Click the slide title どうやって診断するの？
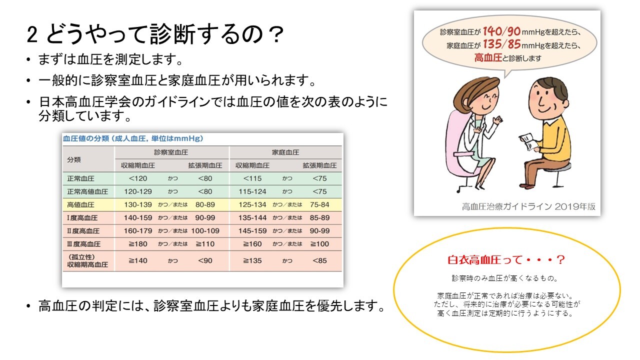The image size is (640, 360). [x=164, y=34]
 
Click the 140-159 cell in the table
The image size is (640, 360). [x=137, y=217]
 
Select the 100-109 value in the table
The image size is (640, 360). [x=205, y=231]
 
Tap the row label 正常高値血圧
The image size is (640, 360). [x=87, y=191]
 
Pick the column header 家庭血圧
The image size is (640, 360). [x=285, y=152]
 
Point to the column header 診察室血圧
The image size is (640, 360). [x=171, y=152]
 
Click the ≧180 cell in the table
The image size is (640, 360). [x=137, y=244]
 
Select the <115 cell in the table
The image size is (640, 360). [x=252, y=178]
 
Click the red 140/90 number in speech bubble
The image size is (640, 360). [x=501, y=31]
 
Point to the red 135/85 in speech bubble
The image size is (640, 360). [x=501, y=44]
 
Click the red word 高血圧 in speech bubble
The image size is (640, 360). [x=488, y=57]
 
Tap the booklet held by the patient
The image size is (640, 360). [x=528, y=142]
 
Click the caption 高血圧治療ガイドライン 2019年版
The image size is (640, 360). [x=528, y=206]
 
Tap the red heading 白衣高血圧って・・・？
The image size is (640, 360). [x=506, y=260]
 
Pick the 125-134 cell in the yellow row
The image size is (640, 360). [x=252, y=205]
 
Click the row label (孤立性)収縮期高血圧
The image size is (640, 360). [x=87, y=261]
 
